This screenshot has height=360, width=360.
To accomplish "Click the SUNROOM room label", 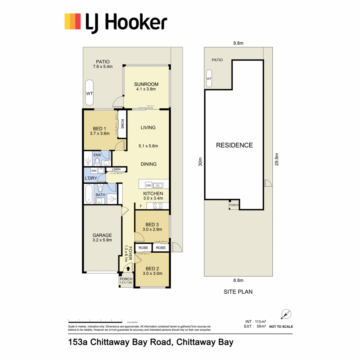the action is point(146,84).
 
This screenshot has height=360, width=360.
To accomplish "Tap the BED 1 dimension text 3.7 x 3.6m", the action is point(100,133).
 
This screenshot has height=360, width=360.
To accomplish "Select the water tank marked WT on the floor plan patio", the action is point(89,93).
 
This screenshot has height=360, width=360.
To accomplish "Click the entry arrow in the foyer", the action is point(128,268).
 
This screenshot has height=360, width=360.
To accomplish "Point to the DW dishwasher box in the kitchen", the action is point(148,185).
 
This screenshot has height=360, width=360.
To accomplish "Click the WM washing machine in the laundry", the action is point(94,171).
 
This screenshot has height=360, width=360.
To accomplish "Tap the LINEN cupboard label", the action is point(116,169).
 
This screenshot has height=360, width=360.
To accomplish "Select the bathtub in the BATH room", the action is point(89,194).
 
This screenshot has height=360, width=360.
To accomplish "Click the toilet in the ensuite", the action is point(97,162).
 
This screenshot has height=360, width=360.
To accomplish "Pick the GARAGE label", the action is point(102,235).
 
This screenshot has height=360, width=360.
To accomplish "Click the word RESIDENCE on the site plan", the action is point(234,145).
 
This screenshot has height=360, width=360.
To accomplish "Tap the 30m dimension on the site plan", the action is point(200,162).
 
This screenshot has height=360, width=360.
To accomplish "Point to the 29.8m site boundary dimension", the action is point(277,159).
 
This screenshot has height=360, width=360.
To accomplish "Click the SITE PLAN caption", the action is point(238,292).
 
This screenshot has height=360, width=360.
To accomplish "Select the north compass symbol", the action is point(286,314).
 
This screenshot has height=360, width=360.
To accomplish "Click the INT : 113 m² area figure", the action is point(256,322).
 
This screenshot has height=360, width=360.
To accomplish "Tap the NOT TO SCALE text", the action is point(281,327).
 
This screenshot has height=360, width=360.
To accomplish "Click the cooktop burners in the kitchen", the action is point(158,206).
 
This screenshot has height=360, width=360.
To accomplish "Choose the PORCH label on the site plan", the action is point(234,205).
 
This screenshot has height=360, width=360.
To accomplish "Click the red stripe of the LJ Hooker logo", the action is point(78,21).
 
